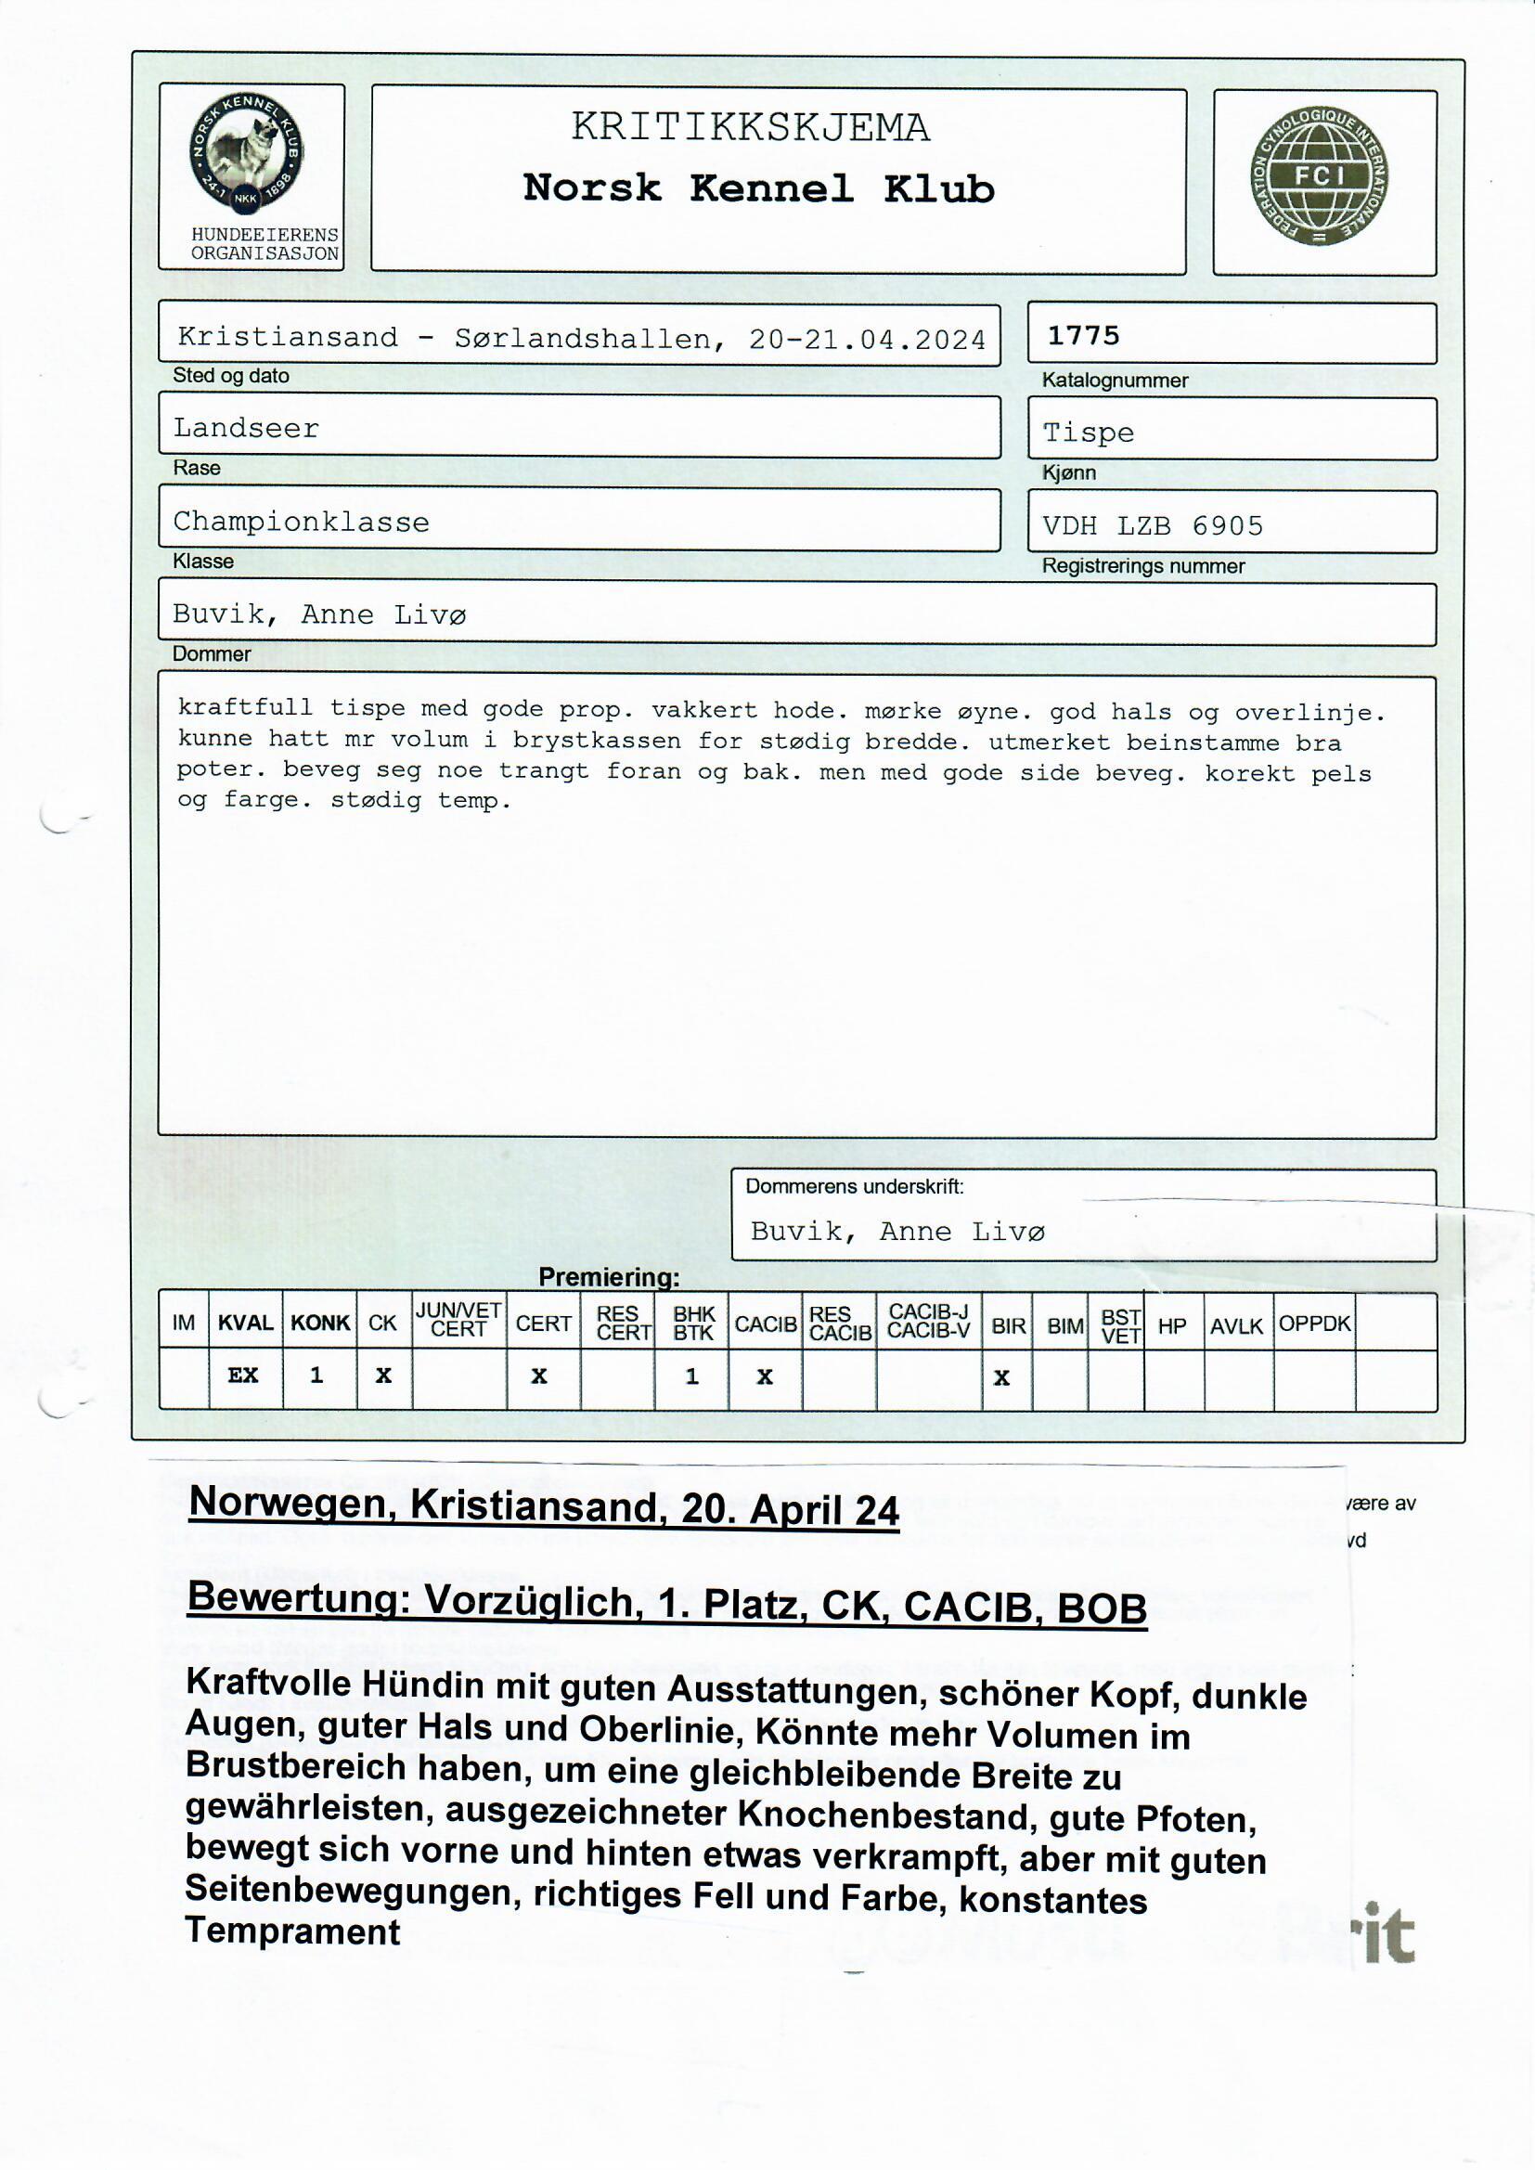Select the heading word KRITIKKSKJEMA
click(750, 127)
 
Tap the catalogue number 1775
click(1083, 335)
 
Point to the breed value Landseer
click(246, 428)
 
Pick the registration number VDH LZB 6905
click(1153, 525)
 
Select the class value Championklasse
click(301, 522)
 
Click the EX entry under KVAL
click(243, 1376)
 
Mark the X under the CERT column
click(539, 1376)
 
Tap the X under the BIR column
click(1002, 1378)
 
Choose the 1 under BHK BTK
click(692, 1376)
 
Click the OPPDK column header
click(1314, 1324)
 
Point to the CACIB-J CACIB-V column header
click(928, 1322)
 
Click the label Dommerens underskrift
click(854, 1187)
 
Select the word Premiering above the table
click(608, 1277)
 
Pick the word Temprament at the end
click(292, 1931)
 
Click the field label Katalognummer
click(1115, 381)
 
